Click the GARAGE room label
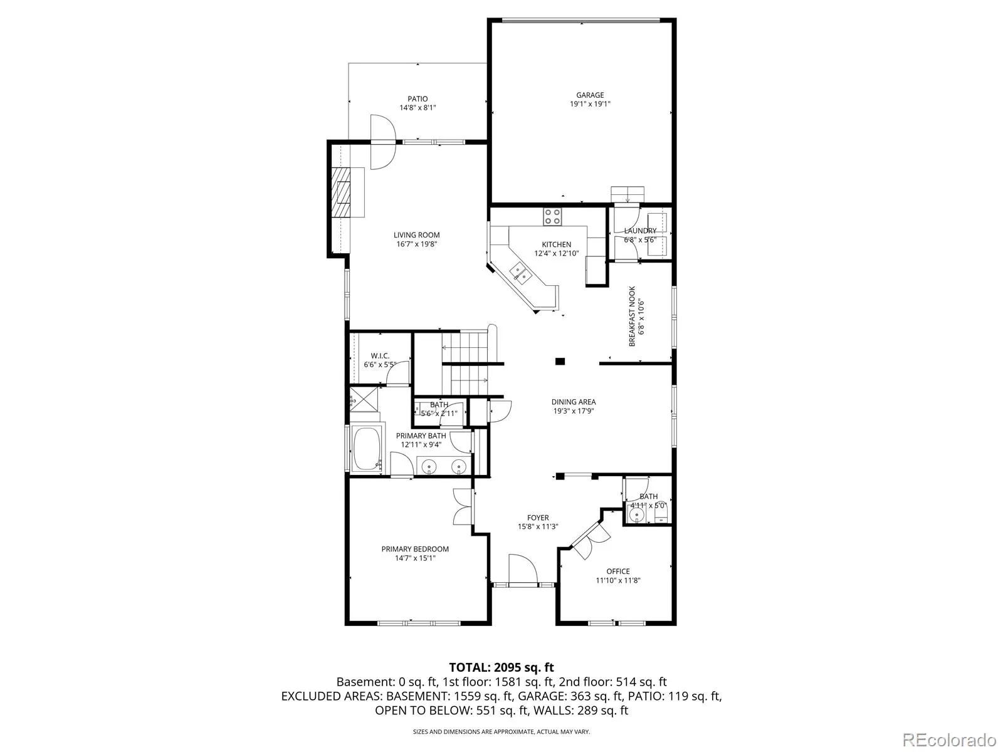click(589, 95)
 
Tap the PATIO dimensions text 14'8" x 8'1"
click(417, 108)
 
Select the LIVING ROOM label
click(417, 235)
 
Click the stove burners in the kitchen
click(552, 216)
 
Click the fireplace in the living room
click(341, 192)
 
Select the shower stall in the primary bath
click(364, 399)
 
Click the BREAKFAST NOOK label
click(632, 316)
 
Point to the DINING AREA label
click(574, 402)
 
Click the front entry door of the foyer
click(523, 568)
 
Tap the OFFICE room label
click(618, 571)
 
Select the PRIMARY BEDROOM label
click(415, 549)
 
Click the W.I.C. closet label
click(380, 356)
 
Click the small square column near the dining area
click(560, 362)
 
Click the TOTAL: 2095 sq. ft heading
click(501, 667)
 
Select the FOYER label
click(538, 518)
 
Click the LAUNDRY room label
click(640, 231)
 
